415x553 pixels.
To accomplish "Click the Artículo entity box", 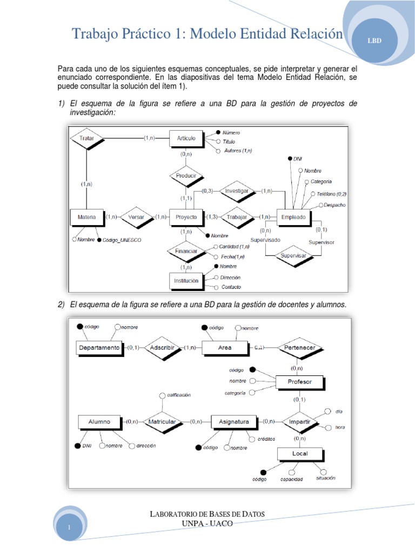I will click(186, 138).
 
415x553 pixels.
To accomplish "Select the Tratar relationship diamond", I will click(86, 138).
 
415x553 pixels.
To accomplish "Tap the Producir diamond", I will click(186, 176).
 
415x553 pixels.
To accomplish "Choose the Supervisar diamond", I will click(294, 255).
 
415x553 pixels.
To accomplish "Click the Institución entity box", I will click(186, 281).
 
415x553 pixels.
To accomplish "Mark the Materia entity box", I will click(86, 217).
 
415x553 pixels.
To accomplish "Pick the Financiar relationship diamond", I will click(186, 251).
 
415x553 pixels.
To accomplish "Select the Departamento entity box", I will click(99, 348).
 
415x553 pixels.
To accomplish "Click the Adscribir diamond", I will click(163, 348).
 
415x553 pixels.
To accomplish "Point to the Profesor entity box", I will click(299, 382).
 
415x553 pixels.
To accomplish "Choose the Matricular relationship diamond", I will click(162, 422).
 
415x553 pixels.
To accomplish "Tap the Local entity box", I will click(299, 454).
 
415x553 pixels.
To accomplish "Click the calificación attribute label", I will click(178, 395).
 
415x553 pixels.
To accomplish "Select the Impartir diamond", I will click(299, 422).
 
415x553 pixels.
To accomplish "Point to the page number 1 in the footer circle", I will click(70, 525).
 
